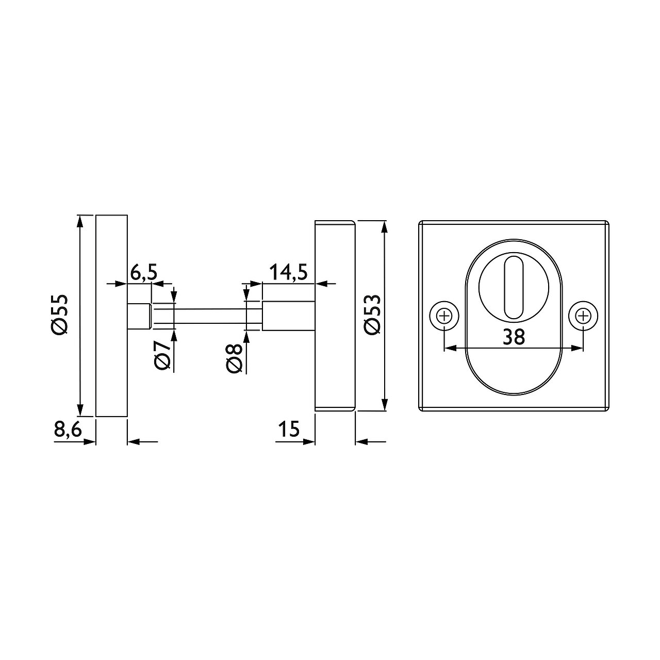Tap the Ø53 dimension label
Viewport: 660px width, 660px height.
point(372,314)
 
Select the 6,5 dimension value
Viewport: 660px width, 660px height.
point(144,273)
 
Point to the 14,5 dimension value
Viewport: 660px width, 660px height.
point(288,272)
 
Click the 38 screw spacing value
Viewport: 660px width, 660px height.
point(514,337)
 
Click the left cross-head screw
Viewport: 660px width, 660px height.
point(444,316)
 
